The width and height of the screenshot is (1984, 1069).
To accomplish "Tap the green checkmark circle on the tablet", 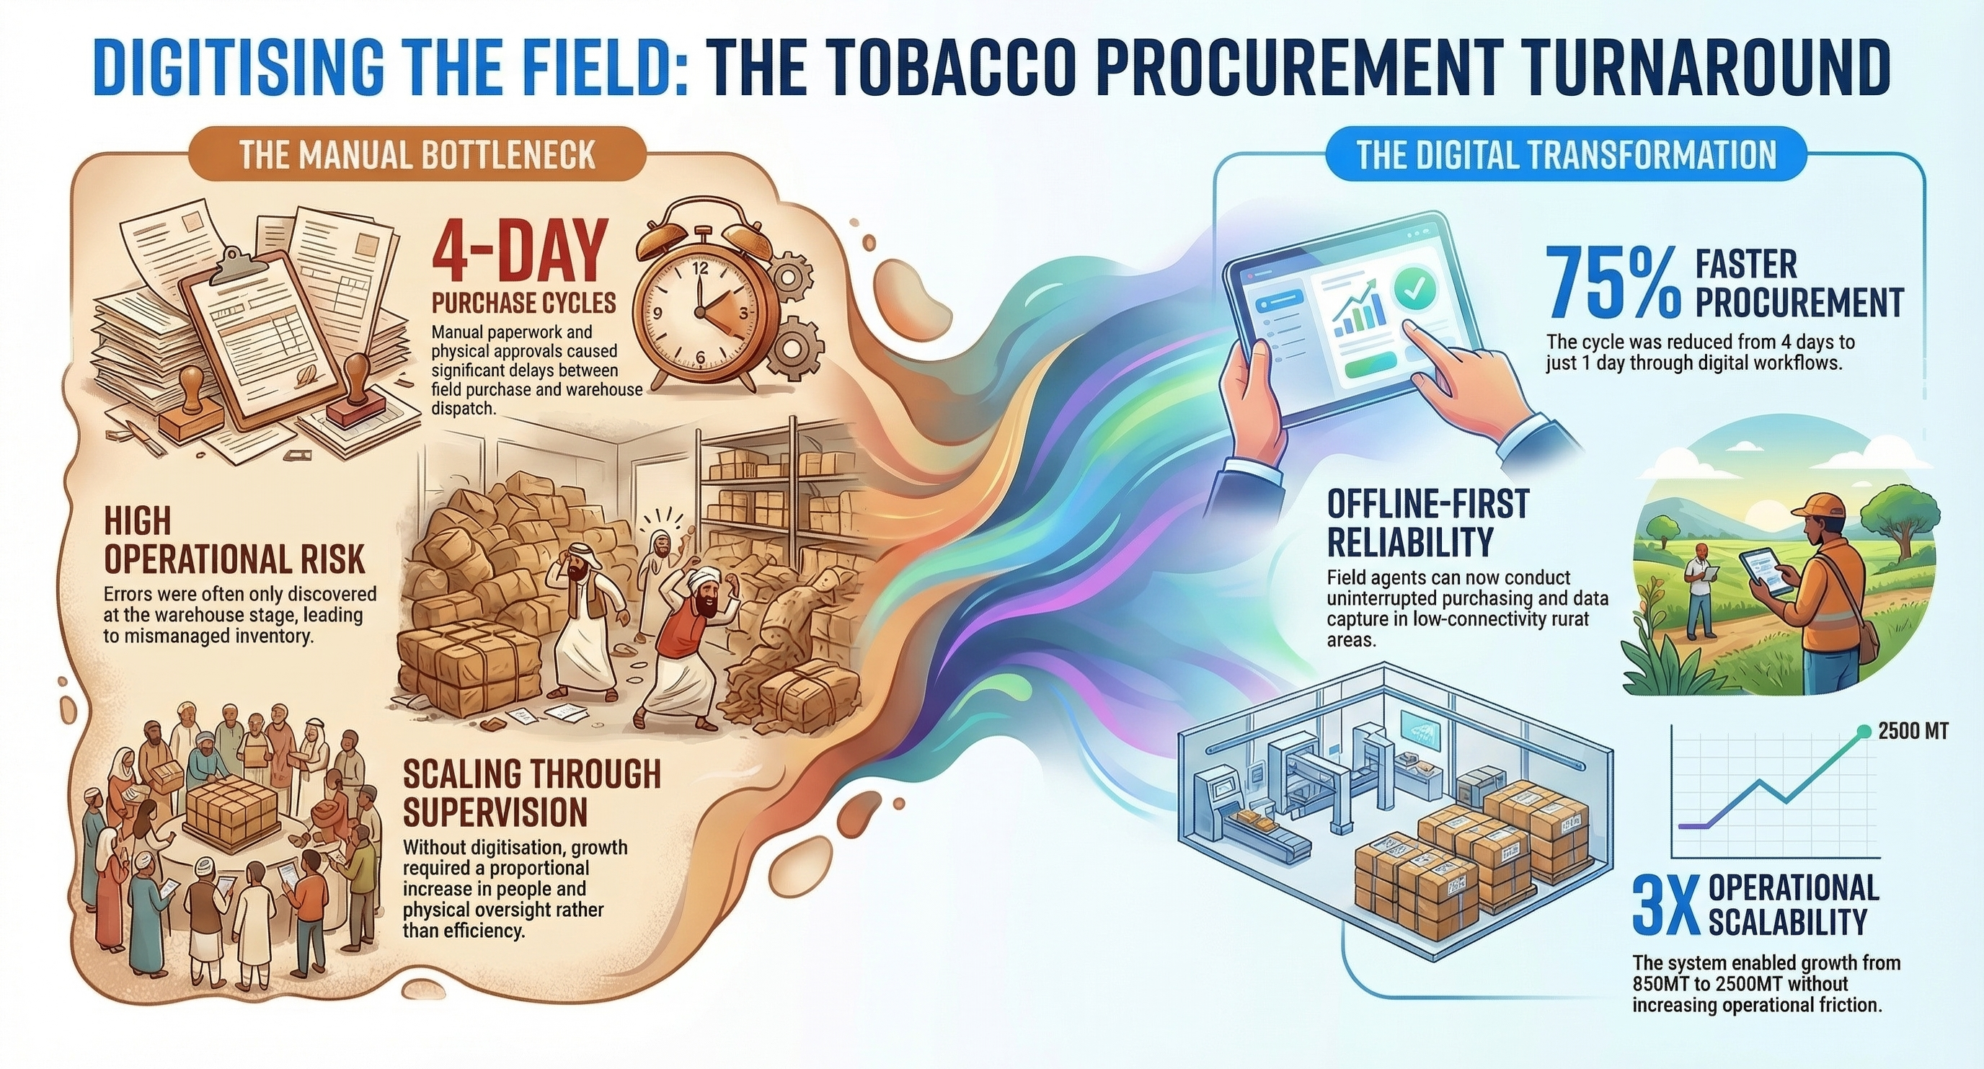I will (1415, 291).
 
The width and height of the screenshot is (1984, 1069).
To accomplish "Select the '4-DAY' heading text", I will (515, 252).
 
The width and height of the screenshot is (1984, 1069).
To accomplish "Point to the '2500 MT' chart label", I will (1913, 731).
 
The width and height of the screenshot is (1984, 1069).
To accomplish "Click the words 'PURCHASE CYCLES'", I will (523, 303).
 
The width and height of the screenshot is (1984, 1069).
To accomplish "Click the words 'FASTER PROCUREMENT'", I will (1797, 283).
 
